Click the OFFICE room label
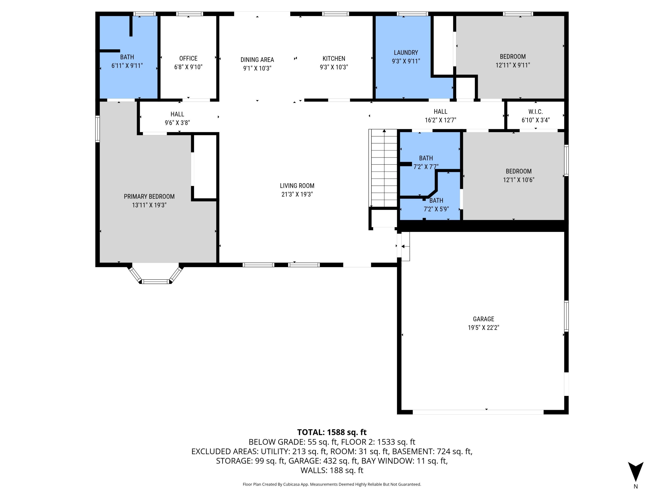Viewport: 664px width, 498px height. click(x=188, y=58)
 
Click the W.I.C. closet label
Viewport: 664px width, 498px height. click(x=536, y=112)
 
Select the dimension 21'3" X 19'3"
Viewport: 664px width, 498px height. click(x=297, y=194)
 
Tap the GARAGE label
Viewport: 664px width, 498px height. click(x=483, y=319)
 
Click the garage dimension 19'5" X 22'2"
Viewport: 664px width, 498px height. click(x=483, y=328)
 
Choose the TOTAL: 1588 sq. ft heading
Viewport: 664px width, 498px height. click(x=332, y=432)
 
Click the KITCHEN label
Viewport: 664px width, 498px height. click(x=334, y=58)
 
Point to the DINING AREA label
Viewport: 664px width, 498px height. click(x=257, y=60)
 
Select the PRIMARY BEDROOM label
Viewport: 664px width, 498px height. click(x=149, y=197)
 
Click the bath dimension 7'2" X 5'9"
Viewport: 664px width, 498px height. click(x=436, y=209)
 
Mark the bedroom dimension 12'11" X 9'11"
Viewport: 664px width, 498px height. click(x=513, y=65)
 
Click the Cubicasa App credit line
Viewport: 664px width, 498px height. click(x=332, y=484)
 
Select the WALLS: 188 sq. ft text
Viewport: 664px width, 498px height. click(x=332, y=470)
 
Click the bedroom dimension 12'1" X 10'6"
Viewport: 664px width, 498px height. click(x=518, y=180)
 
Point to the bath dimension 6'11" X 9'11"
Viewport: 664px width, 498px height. click(x=127, y=66)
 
